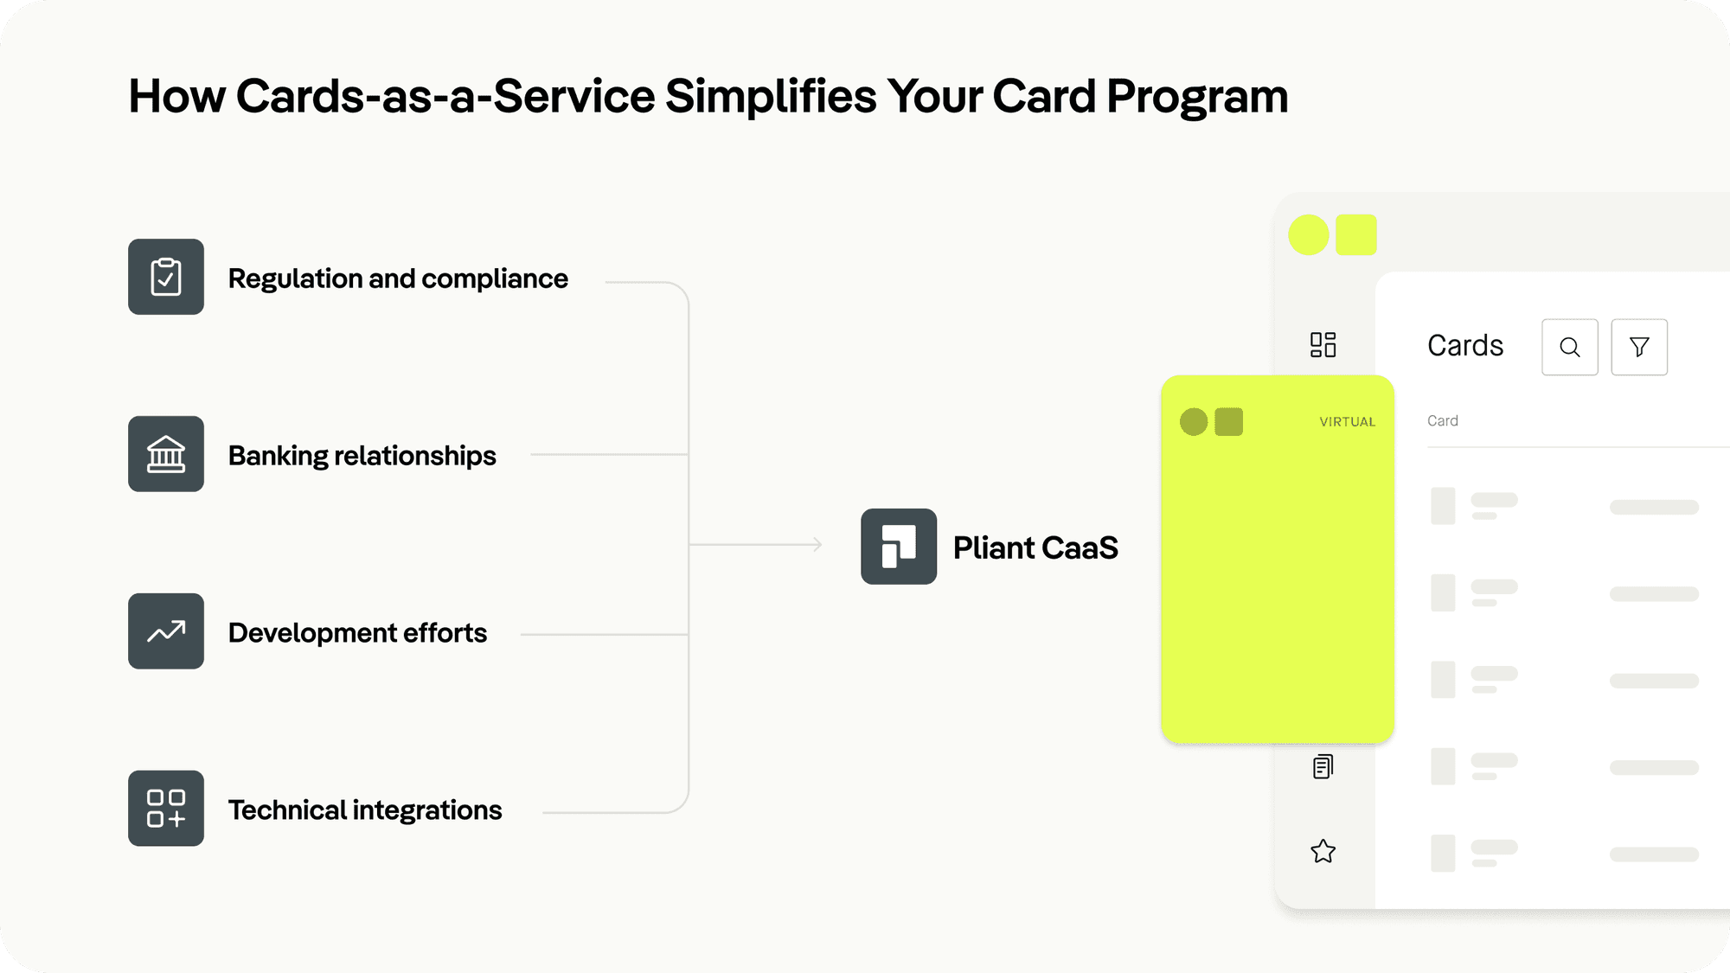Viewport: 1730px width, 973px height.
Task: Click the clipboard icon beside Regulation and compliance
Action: (166, 277)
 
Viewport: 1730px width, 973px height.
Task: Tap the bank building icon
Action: (166, 454)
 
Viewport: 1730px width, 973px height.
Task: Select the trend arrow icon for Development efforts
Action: (166, 631)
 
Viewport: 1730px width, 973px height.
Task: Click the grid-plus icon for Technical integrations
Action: (166, 809)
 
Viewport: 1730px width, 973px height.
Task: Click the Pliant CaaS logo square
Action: (899, 547)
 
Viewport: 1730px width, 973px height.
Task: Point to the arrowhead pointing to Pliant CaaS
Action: (817, 544)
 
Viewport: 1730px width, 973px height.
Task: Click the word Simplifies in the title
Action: (771, 96)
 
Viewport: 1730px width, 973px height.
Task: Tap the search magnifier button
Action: (1570, 347)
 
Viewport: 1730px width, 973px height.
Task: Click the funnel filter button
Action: (1639, 347)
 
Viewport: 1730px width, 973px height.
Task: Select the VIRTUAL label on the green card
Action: (1347, 422)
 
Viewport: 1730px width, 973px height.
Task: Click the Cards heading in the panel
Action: (1465, 346)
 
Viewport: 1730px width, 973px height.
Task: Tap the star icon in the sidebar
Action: (1323, 852)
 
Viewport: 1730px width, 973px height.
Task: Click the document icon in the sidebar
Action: (1323, 766)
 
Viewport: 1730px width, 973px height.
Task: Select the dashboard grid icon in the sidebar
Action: (1323, 345)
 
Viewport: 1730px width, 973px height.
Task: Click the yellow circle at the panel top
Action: (1309, 235)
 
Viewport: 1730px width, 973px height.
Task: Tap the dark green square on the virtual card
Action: (1228, 422)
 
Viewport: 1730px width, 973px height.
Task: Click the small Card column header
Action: (1442, 421)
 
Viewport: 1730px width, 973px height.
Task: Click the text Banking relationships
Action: (362, 456)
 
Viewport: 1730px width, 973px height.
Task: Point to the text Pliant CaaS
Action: (1035, 548)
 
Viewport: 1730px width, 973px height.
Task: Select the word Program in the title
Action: (1197, 96)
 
